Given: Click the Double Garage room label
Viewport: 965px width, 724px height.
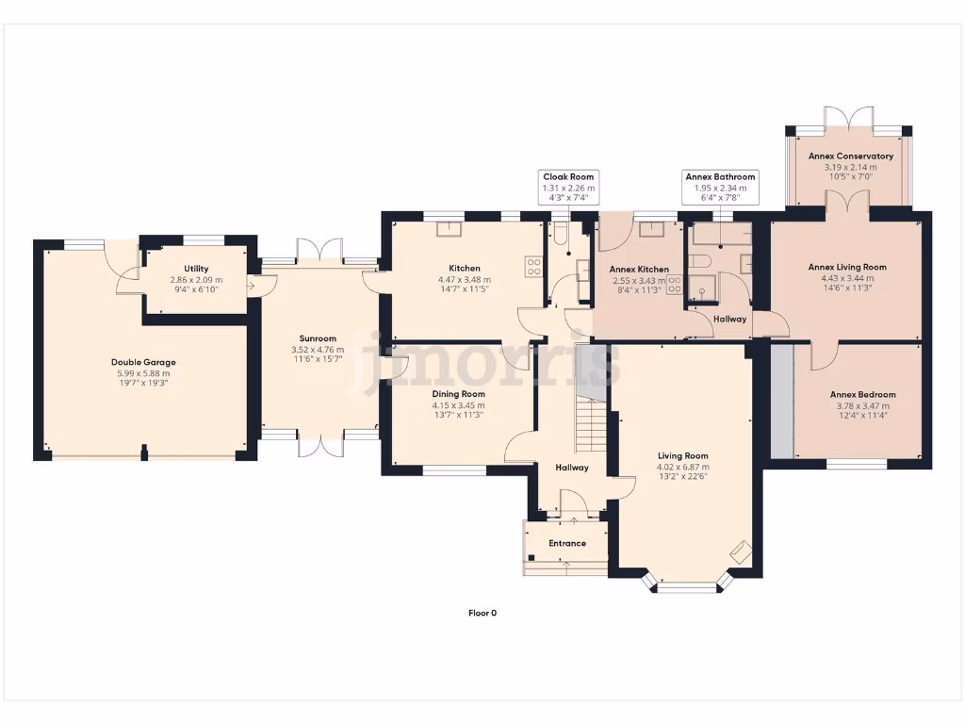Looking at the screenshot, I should coord(143,362).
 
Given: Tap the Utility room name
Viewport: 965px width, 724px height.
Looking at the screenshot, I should coord(197,269).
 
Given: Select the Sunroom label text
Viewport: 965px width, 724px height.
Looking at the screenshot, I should coord(318,338).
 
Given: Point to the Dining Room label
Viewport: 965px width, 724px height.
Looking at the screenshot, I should coord(459,394).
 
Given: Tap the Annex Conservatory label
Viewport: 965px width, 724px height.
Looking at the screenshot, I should coord(851,156).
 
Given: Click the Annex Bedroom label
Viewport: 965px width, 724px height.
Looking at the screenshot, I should coord(862,394).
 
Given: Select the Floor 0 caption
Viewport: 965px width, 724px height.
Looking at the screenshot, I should coord(482,613).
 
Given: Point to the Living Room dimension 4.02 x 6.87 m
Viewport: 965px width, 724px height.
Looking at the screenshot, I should coord(683,467).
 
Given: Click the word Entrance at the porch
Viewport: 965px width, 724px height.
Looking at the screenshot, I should coord(567,543).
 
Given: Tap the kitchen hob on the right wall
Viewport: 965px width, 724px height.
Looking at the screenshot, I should coord(534,268).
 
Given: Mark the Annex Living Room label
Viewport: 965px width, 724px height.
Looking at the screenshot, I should coord(847,267).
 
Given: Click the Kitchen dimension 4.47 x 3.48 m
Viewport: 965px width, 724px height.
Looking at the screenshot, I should coord(465,280).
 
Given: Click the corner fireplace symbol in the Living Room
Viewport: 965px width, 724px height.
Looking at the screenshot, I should coord(740,551).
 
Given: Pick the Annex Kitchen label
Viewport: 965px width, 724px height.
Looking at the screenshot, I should coord(639,270).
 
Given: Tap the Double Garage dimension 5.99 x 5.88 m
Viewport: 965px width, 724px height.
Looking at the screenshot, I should coord(143,373).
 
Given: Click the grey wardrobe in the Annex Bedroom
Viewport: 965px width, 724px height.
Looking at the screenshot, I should coord(782,400).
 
